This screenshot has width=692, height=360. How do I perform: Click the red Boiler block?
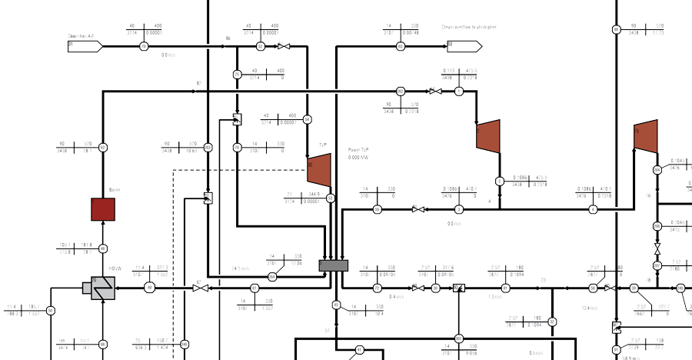point(103,209)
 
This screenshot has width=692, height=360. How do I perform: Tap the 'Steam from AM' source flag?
point(85,46)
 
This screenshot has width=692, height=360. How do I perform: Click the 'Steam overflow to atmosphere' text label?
point(469,27)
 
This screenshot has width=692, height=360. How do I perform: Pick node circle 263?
point(208,147)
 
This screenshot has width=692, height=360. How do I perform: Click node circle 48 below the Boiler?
point(103,248)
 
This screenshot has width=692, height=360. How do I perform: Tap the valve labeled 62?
point(198,288)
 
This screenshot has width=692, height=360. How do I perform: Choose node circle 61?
point(506,288)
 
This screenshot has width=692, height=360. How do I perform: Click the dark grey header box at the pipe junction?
point(334,265)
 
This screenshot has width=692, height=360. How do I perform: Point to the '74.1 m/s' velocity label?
point(241,268)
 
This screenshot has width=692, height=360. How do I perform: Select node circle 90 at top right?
point(616,30)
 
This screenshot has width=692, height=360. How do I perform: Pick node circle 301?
point(459,338)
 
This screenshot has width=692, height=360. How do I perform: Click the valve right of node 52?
point(283,46)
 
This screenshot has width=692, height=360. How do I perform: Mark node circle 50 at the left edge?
point(51,311)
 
